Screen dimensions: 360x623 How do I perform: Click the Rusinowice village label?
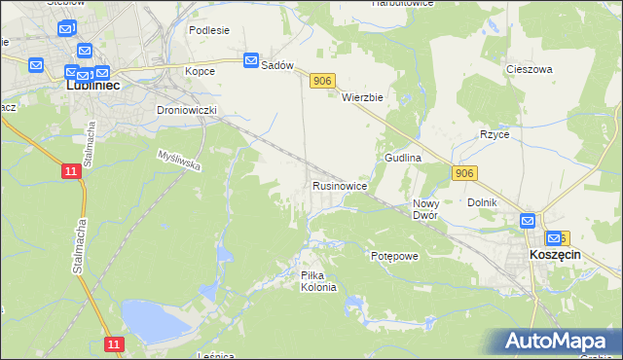[x=339, y=185]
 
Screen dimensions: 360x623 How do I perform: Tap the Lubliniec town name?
[x=92, y=86]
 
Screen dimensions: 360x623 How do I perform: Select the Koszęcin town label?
[x=555, y=253]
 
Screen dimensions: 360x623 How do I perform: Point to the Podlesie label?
[x=209, y=30]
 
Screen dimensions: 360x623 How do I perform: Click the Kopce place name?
[x=200, y=71]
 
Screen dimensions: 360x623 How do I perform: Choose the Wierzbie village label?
[x=364, y=97]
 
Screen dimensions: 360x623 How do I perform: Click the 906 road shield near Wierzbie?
[x=323, y=82]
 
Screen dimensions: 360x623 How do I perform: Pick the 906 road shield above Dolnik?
[x=464, y=172]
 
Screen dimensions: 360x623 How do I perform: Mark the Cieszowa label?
[x=530, y=69]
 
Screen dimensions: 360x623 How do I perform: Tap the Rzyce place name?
[x=494, y=134]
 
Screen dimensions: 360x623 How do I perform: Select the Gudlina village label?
[x=402, y=157]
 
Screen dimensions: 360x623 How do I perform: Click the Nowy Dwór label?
[x=425, y=209]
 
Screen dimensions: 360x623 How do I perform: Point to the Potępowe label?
[x=394, y=255]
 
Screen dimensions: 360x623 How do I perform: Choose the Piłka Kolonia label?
[x=318, y=281]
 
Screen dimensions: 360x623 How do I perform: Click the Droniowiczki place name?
[x=185, y=110]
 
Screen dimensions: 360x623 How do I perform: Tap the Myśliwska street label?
[x=180, y=160]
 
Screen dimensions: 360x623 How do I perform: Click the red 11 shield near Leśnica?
[x=114, y=344]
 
